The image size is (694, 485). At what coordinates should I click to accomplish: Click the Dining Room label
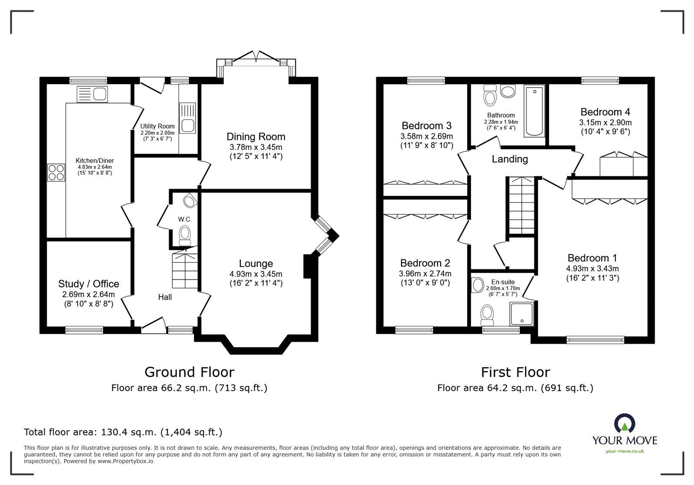256,137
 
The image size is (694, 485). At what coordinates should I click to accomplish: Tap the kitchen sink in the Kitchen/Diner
92,94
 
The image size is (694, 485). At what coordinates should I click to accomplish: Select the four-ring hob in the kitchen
56,173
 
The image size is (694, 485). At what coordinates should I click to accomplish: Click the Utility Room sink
187,118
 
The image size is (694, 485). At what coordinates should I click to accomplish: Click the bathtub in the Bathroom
534,111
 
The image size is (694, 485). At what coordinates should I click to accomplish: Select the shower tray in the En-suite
522,314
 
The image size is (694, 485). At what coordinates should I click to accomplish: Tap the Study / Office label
88,284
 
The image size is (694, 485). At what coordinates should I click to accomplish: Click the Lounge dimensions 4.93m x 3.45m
256,274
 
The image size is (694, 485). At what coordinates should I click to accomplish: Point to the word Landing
510,159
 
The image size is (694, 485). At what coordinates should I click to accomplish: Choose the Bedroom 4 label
606,112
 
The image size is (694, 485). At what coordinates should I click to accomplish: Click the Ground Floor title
189,372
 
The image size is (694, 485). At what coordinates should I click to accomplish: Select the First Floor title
516,372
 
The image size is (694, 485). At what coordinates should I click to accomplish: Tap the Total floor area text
123,432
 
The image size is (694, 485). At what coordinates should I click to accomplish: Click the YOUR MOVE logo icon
625,423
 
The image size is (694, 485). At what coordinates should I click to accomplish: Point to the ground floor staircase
185,268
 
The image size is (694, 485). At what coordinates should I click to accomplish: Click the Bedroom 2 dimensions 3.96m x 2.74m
425,273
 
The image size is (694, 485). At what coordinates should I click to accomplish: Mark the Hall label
165,297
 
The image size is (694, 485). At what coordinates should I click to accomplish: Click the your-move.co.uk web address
625,452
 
